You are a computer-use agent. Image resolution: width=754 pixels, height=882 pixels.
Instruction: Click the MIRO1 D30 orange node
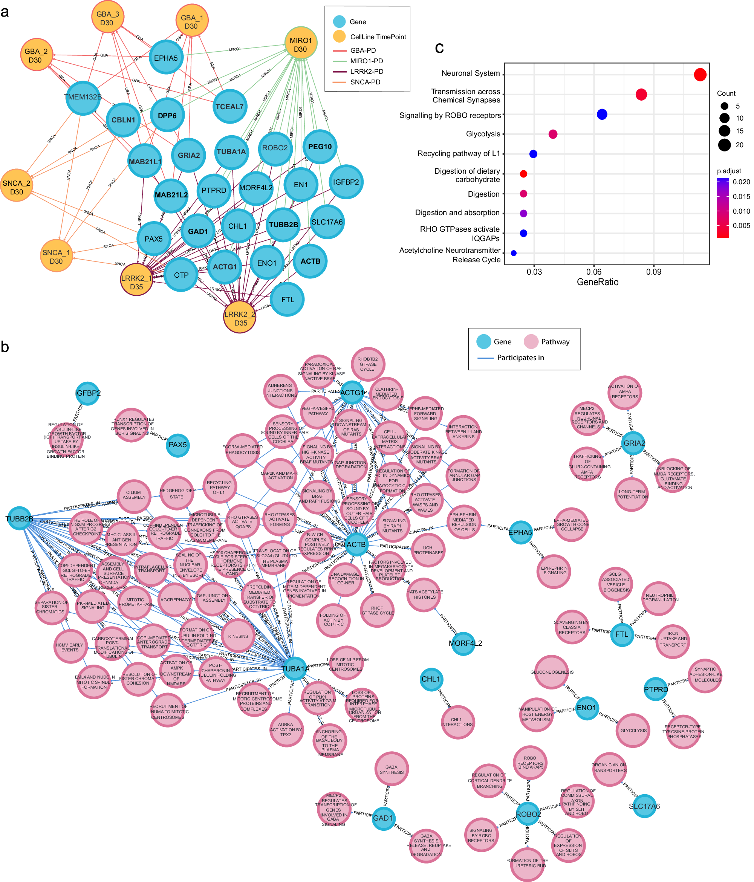[x=301, y=44]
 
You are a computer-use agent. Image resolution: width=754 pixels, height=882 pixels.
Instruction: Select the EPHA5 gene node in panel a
[x=166, y=58]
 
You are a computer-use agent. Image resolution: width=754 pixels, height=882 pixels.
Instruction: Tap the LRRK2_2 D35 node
[x=240, y=317]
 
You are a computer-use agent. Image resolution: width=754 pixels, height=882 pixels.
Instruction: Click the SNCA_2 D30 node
[x=16, y=186]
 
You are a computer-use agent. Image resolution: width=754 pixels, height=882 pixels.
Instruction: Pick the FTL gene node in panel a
[x=288, y=300]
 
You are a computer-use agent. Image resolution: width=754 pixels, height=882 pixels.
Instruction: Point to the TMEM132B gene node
[x=83, y=98]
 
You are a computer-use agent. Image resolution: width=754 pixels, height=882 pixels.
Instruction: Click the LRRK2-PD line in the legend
[x=340, y=72]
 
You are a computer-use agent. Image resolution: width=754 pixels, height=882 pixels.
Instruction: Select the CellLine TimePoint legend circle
[x=340, y=37]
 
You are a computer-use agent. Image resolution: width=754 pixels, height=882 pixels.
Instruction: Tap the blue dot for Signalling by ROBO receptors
[x=602, y=114]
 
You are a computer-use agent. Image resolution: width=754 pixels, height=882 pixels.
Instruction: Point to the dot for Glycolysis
[x=553, y=134]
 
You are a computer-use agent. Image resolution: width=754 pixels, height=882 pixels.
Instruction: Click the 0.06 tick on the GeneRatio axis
[x=593, y=272]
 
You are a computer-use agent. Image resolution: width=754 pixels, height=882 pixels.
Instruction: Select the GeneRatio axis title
[x=597, y=282]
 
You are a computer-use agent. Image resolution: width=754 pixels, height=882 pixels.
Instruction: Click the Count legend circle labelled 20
[x=724, y=145]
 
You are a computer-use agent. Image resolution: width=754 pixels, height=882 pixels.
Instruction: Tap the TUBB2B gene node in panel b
[x=20, y=518]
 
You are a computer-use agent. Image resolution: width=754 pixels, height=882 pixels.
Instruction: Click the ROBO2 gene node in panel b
[x=528, y=814]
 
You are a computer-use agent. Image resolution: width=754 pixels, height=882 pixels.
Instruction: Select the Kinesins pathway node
[x=238, y=636]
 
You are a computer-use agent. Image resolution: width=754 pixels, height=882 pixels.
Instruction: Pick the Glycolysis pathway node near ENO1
[x=633, y=731]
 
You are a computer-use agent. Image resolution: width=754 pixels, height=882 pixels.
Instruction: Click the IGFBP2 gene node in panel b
[x=88, y=393]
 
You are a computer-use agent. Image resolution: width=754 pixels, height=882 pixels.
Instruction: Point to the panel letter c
[x=439, y=48]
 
